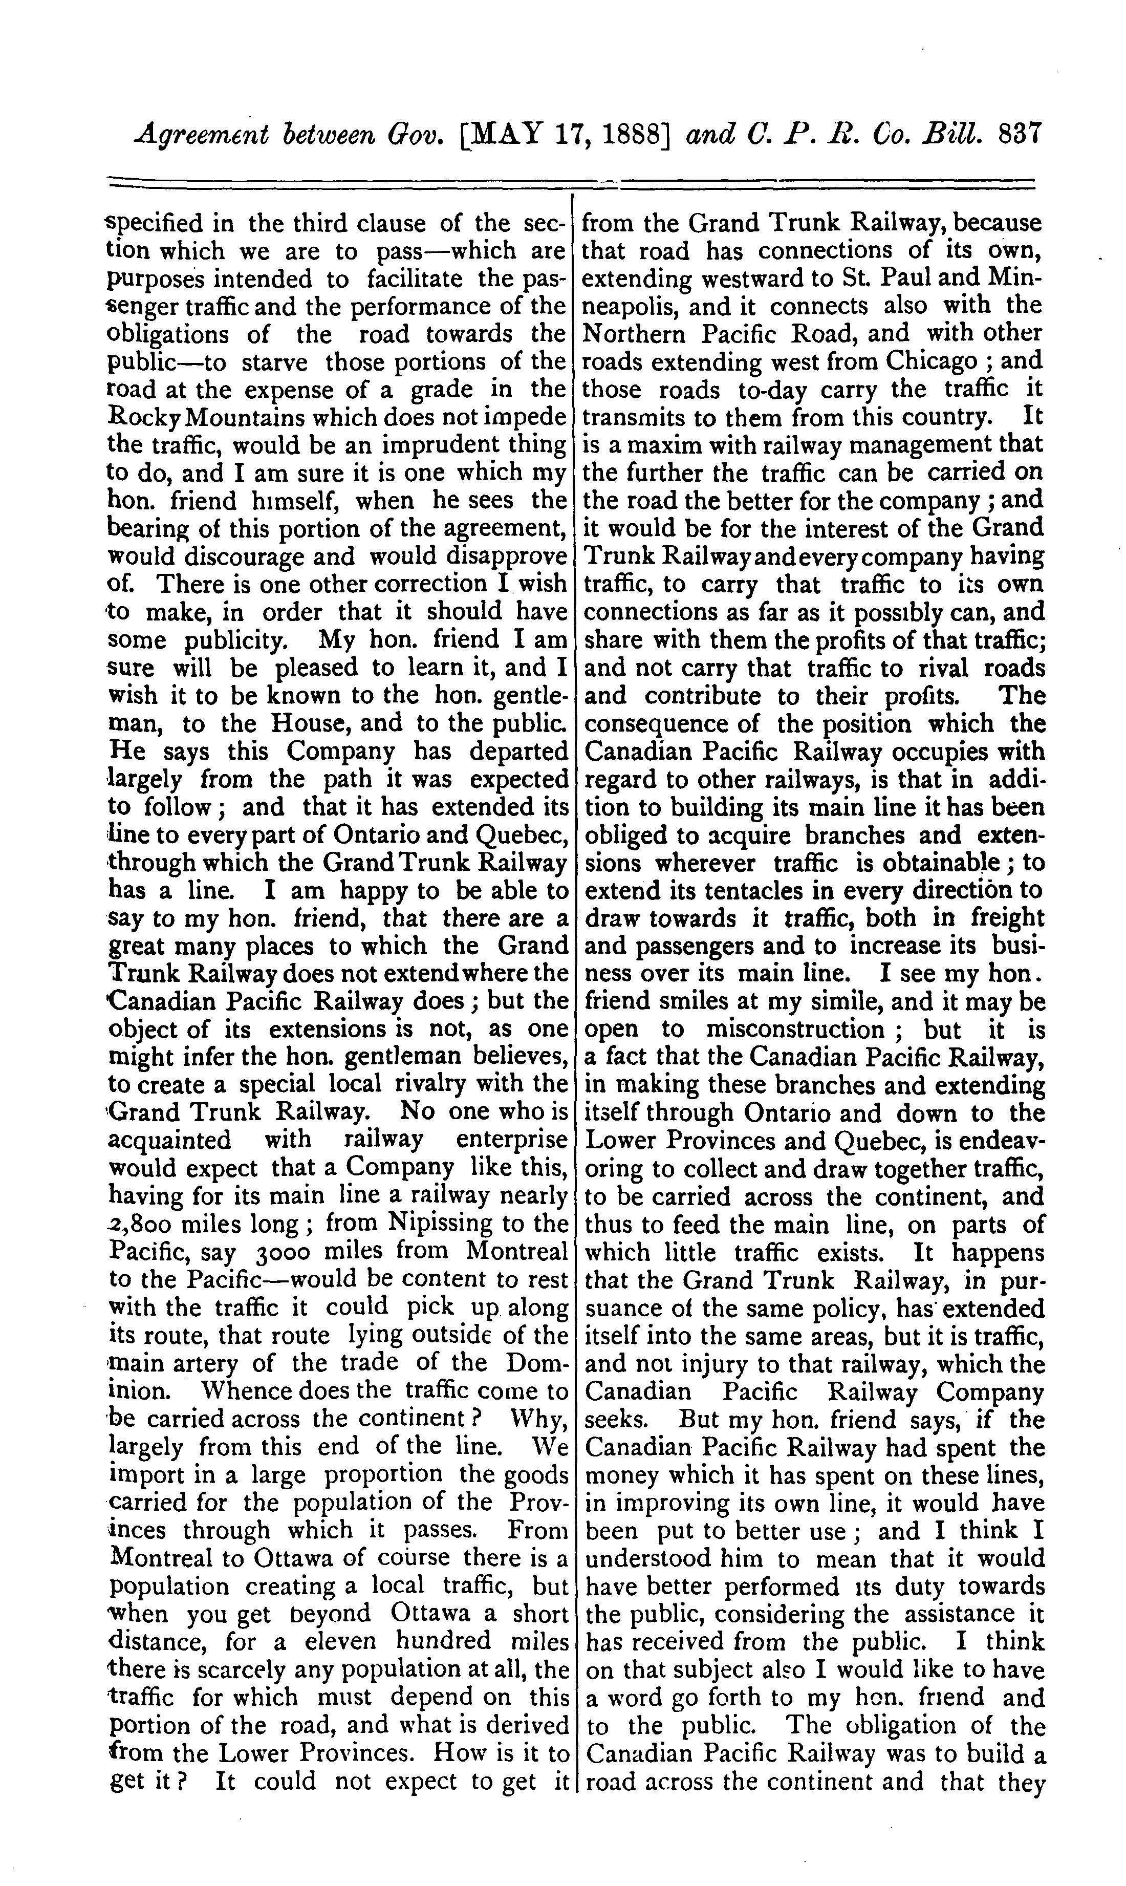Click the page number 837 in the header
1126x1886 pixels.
pos(1023,135)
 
